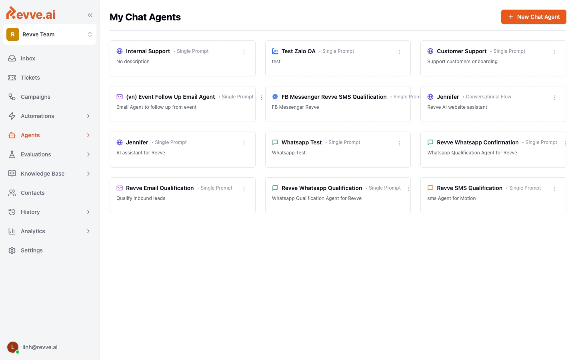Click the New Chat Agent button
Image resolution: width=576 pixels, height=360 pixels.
click(x=534, y=17)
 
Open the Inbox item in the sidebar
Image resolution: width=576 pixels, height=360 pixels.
click(x=28, y=58)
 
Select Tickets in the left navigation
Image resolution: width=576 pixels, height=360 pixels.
click(x=30, y=78)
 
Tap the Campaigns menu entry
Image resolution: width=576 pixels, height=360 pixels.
click(x=36, y=97)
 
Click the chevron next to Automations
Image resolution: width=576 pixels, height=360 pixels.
click(x=88, y=116)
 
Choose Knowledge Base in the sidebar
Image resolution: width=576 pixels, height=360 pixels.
click(x=42, y=174)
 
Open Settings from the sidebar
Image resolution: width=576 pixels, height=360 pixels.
click(x=32, y=250)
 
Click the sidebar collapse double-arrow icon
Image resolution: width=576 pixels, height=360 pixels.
click(x=90, y=15)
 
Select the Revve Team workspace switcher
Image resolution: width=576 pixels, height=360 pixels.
click(x=50, y=34)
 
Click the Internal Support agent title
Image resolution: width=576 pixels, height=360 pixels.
click(x=148, y=51)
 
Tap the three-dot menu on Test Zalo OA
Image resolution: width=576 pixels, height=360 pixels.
click(x=399, y=52)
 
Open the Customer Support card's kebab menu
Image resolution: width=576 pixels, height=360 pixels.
click(x=555, y=52)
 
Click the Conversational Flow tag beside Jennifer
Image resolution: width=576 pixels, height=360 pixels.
click(x=488, y=97)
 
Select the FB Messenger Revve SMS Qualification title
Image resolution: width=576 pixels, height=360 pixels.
click(x=334, y=97)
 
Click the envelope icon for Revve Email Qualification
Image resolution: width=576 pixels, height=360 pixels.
click(x=120, y=188)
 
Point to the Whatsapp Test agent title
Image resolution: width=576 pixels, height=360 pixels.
click(x=301, y=142)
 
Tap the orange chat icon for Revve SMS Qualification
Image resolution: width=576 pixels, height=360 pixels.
click(x=430, y=188)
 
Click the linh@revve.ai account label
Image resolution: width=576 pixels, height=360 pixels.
click(x=40, y=347)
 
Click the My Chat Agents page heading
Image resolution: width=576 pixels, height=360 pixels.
click(x=145, y=17)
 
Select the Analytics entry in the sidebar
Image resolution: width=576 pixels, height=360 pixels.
click(x=33, y=231)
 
